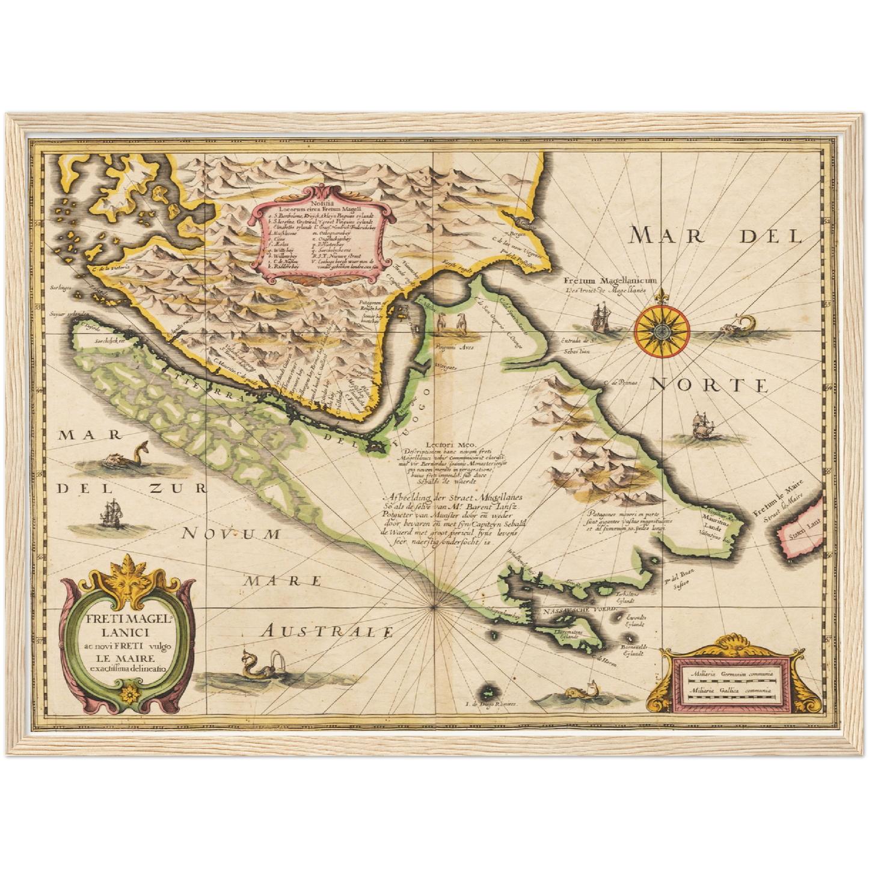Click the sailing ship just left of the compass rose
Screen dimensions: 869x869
[x=601, y=318]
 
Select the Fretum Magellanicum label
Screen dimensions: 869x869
[x=610, y=280]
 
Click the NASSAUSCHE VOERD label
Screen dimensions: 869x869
[x=579, y=610]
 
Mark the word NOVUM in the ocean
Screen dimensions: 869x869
[x=232, y=533]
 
